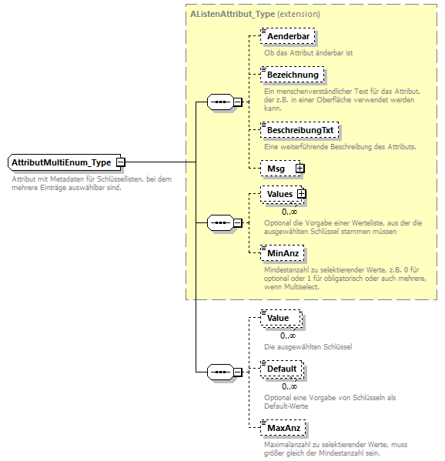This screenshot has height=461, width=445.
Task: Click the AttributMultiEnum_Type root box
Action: coord(62,162)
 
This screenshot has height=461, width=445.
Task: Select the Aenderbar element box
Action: coord(288,36)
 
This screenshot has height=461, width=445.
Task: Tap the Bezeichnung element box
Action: coord(292,75)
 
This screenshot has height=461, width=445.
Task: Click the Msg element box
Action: coord(276,168)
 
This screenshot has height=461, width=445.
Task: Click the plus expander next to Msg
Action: coord(300,168)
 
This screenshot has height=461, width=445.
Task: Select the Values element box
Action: coord(279,194)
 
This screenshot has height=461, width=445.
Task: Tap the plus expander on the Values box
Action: coord(302,194)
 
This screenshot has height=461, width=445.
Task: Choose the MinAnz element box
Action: coord(283,252)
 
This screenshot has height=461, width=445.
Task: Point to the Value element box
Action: coord(279,318)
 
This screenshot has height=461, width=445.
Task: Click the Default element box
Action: coord(282,369)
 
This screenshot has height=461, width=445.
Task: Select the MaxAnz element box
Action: coord(283,427)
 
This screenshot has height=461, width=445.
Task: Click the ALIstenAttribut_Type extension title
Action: coord(255,14)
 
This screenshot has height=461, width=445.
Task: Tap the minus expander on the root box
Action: coord(121,162)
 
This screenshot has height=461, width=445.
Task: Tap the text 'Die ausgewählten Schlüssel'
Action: coord(308,347)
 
